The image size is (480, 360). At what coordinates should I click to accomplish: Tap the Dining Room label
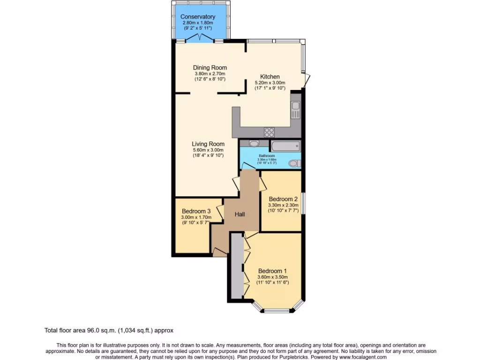210,68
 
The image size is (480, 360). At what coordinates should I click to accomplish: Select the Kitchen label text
270,77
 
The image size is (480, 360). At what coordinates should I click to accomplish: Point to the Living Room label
208,144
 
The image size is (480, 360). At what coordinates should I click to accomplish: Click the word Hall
240,214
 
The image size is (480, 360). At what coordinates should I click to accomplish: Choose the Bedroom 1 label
272,271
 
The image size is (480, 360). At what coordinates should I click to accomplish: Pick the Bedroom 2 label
283,198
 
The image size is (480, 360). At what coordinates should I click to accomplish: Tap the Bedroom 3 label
196,211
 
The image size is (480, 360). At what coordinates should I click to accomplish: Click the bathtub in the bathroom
285,145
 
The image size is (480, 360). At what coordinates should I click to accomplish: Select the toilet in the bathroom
294,164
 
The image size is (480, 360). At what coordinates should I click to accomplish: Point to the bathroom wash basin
254,144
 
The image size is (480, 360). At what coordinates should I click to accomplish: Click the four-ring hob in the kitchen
269,132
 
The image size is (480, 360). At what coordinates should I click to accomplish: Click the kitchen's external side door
306,80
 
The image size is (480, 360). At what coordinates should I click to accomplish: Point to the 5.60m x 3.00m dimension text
208,150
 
